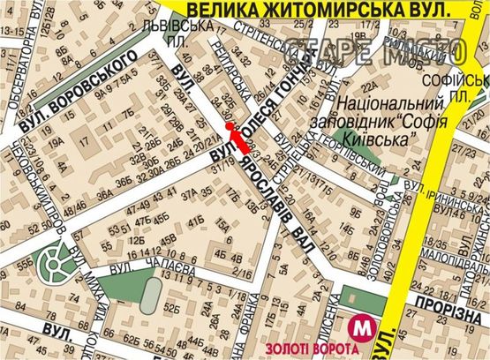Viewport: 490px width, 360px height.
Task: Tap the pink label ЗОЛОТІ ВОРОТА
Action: pos(298,349)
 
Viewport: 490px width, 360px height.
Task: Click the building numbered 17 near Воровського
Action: pos(87,139)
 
